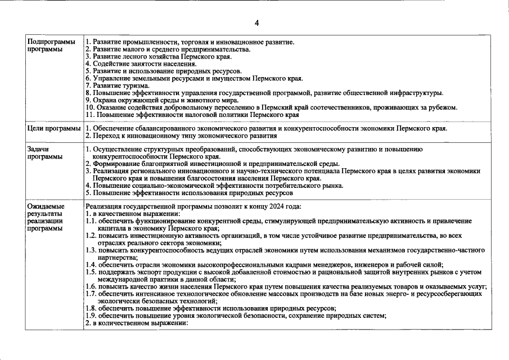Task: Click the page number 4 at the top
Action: [256, 23]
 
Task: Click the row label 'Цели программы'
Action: [54, 129]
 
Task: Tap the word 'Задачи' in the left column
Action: [38, 149]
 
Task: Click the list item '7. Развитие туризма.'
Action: [117, 85]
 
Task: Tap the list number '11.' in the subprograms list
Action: [91, 115]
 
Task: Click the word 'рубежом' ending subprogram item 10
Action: [444, 107]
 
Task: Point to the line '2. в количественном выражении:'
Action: [136, 323]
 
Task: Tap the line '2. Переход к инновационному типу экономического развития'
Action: [181, 136]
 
